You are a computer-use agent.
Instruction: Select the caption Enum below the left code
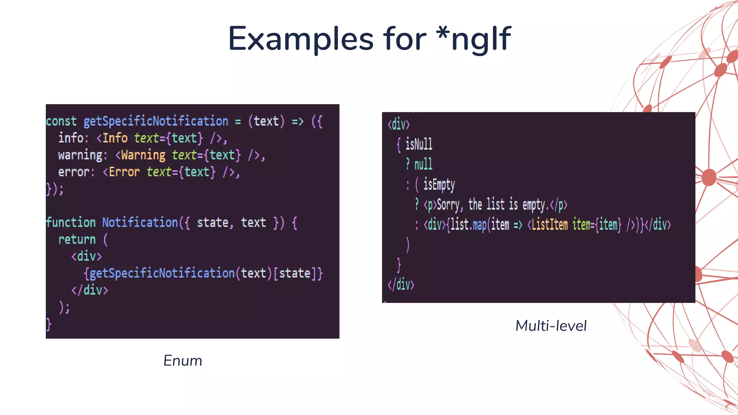pos(183,361)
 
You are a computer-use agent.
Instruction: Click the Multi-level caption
pos(551,326)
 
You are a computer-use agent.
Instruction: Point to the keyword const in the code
pos(61,121)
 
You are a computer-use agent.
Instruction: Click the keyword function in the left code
pos(71,223)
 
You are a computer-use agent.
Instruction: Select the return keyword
pos(77,240)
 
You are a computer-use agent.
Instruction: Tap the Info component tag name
pos(115,138)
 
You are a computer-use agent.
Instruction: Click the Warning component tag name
pos(143,155)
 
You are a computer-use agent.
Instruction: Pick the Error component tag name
pos(124,172)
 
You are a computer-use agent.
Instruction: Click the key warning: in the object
pos(82,155)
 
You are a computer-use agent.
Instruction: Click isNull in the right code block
pos(419,144)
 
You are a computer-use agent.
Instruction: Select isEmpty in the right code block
pos(439,185)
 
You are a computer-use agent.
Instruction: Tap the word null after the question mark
pos(423,165)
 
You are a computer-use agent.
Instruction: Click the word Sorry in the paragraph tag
pos(448,205)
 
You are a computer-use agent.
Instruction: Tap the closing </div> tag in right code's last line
pos(401,285)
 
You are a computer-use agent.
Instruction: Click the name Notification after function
pos(140,223)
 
